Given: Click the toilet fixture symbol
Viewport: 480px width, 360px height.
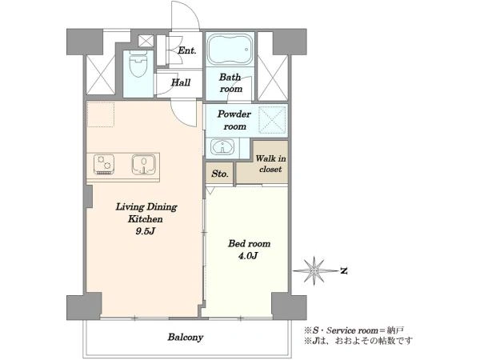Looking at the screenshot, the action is (138, 65).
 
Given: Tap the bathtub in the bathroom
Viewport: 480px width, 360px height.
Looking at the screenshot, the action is (230, 49).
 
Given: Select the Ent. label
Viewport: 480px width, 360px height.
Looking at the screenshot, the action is (187, 50).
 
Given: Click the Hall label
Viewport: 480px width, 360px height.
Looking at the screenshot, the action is (181, 82).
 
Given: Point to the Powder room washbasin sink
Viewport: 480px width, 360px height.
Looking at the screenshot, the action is (222, 147).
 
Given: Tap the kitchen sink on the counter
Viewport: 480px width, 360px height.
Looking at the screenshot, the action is (144, 164).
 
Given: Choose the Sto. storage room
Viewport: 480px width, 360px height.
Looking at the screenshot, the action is (220, 174).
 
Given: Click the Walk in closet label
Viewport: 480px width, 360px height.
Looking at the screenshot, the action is (271, 164).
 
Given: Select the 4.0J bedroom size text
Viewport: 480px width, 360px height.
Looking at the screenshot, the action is (248, 256).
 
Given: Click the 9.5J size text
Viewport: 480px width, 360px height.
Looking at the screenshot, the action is (146, 231).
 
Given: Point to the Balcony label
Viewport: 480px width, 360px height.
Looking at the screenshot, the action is (186, 338).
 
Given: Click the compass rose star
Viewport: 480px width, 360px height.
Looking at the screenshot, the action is (315, 271).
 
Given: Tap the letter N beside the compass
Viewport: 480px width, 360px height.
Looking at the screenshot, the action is (344, 271).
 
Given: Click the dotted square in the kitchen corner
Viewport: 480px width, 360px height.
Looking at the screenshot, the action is (101, 114).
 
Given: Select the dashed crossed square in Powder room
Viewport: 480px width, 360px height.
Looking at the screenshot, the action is (272, 120).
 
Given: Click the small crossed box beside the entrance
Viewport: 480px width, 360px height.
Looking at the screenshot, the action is (146, 41).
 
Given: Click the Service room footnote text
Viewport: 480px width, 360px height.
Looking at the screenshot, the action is (354, 330).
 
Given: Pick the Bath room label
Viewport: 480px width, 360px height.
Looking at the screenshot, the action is (230, 83).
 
